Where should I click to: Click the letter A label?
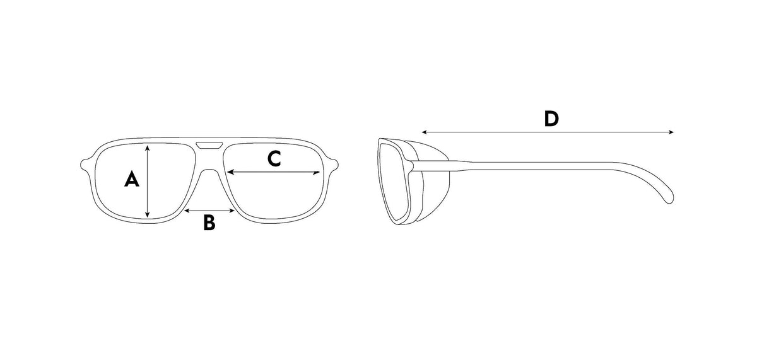132,179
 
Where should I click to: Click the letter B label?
209,223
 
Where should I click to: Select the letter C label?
274,159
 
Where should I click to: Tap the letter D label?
551,119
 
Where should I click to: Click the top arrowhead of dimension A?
147,148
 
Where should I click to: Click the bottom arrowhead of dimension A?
147,214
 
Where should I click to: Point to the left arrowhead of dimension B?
187,211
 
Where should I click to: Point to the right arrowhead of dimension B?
232,211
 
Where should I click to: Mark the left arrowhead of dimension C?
230,172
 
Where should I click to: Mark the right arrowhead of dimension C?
317,173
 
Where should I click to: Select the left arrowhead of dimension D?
425,132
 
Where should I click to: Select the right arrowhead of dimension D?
671,132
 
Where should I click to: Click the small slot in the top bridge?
209,145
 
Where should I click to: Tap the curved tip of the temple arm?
669,199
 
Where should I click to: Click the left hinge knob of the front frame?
85,165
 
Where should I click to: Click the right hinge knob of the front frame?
334,165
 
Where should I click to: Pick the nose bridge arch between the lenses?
209,171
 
